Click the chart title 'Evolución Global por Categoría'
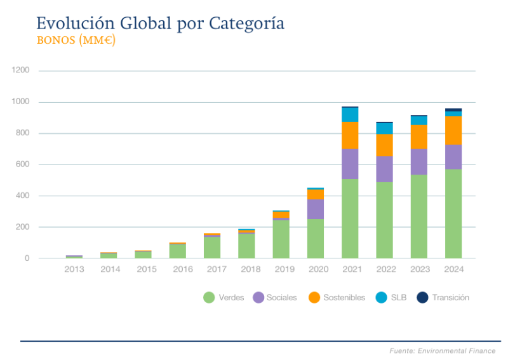(160, 23)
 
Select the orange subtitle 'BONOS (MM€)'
(76, 41)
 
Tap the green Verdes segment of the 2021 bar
(350, 218)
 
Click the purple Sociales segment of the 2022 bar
(384, 169)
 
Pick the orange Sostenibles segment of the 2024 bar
(453, 130)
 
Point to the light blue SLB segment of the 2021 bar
(350, 115)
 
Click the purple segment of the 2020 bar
(316, 209)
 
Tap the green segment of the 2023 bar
(418, 216)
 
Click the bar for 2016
(177, 251)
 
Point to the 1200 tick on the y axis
(21, 70)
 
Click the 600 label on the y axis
(23, 164)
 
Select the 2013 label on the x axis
(74, 269)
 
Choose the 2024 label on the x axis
(453, 269)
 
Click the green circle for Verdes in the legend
(209, 297)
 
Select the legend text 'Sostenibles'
(344, 297)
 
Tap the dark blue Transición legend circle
(422, 297)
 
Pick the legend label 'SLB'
(399, 297)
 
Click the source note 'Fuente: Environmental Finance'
(442, 350)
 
